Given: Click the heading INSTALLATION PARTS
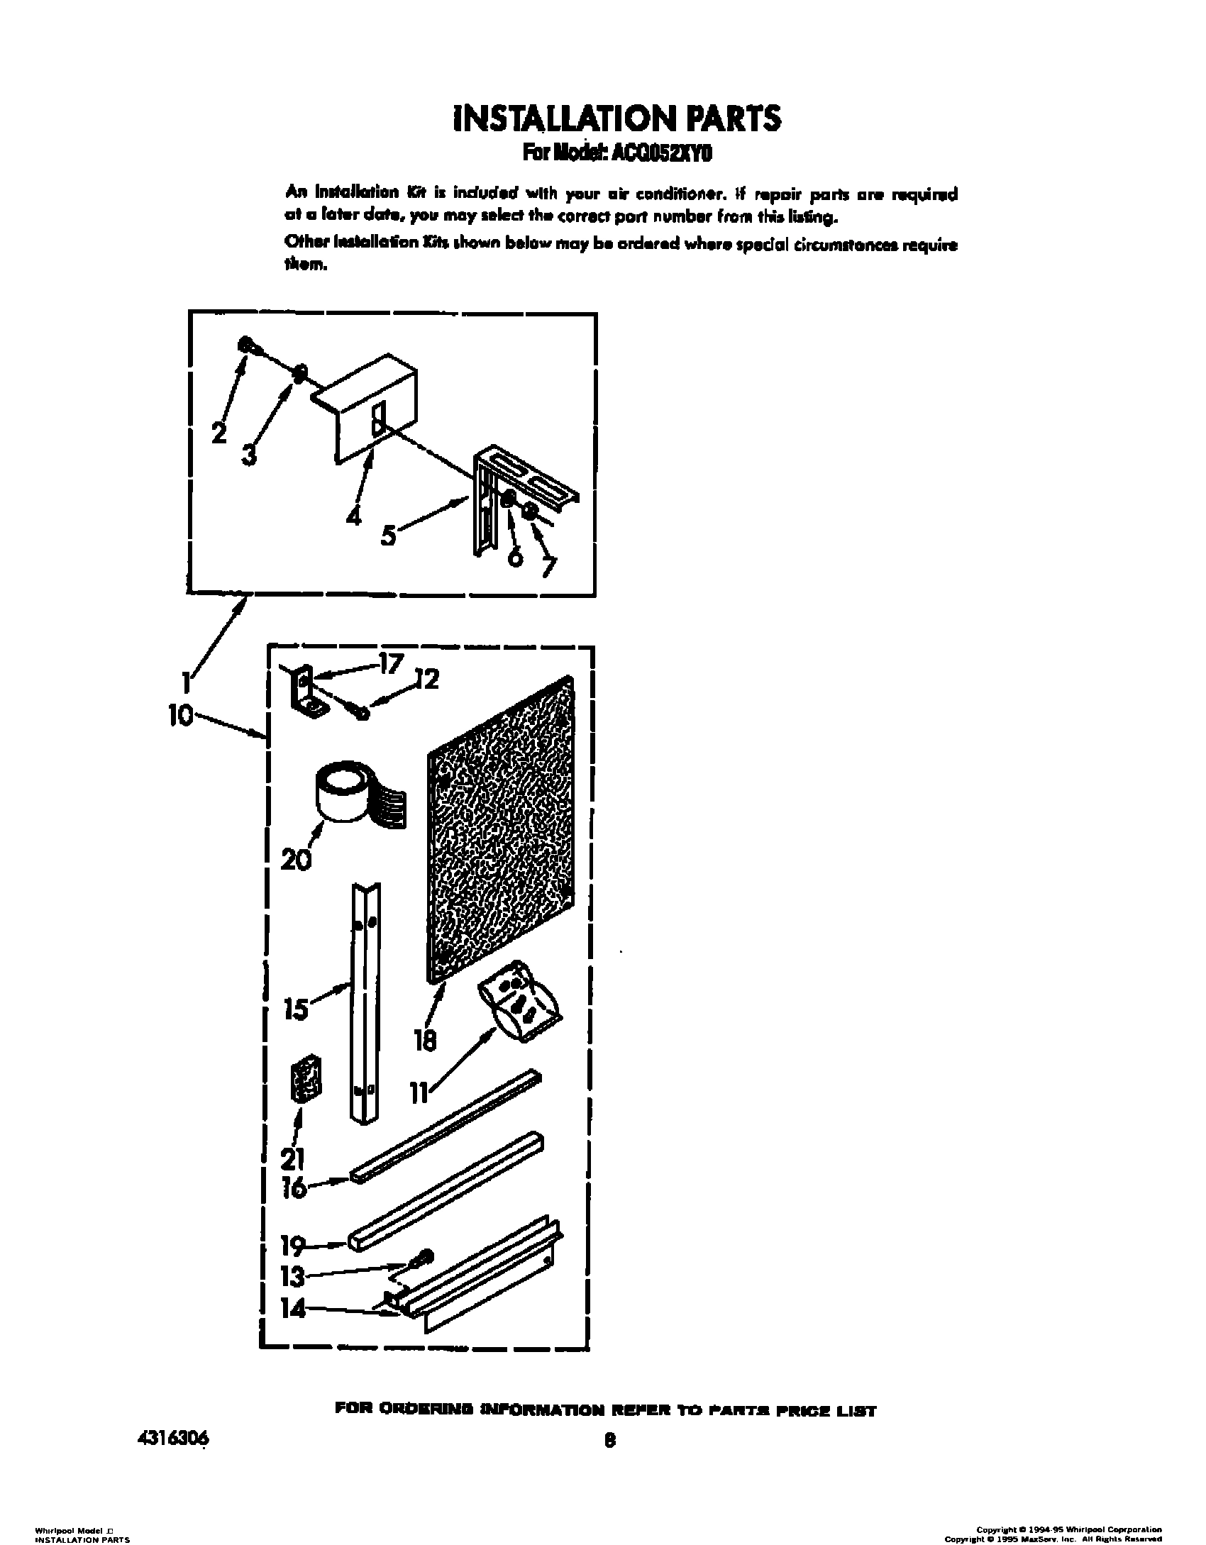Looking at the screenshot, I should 617,119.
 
